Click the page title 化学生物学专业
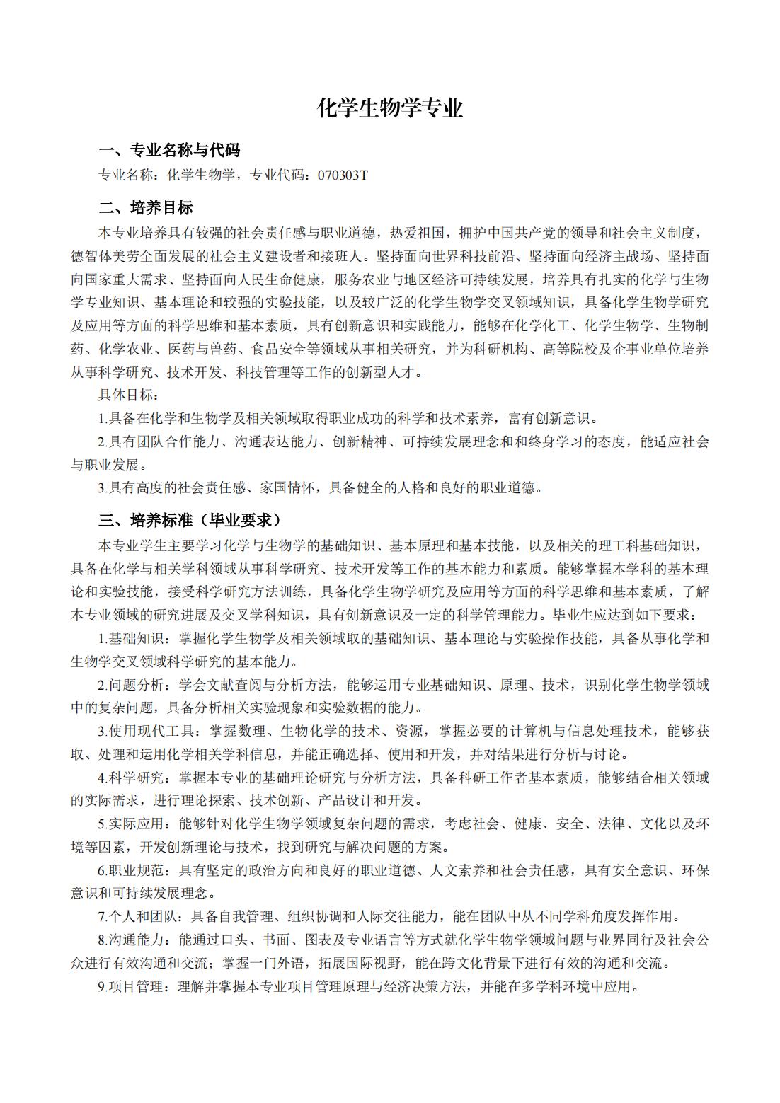[390, 108]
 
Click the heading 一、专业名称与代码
[169, 150]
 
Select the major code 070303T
[343, 175]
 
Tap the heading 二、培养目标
[145, 208]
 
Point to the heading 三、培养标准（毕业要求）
[190, 521]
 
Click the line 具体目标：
[129, 394]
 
